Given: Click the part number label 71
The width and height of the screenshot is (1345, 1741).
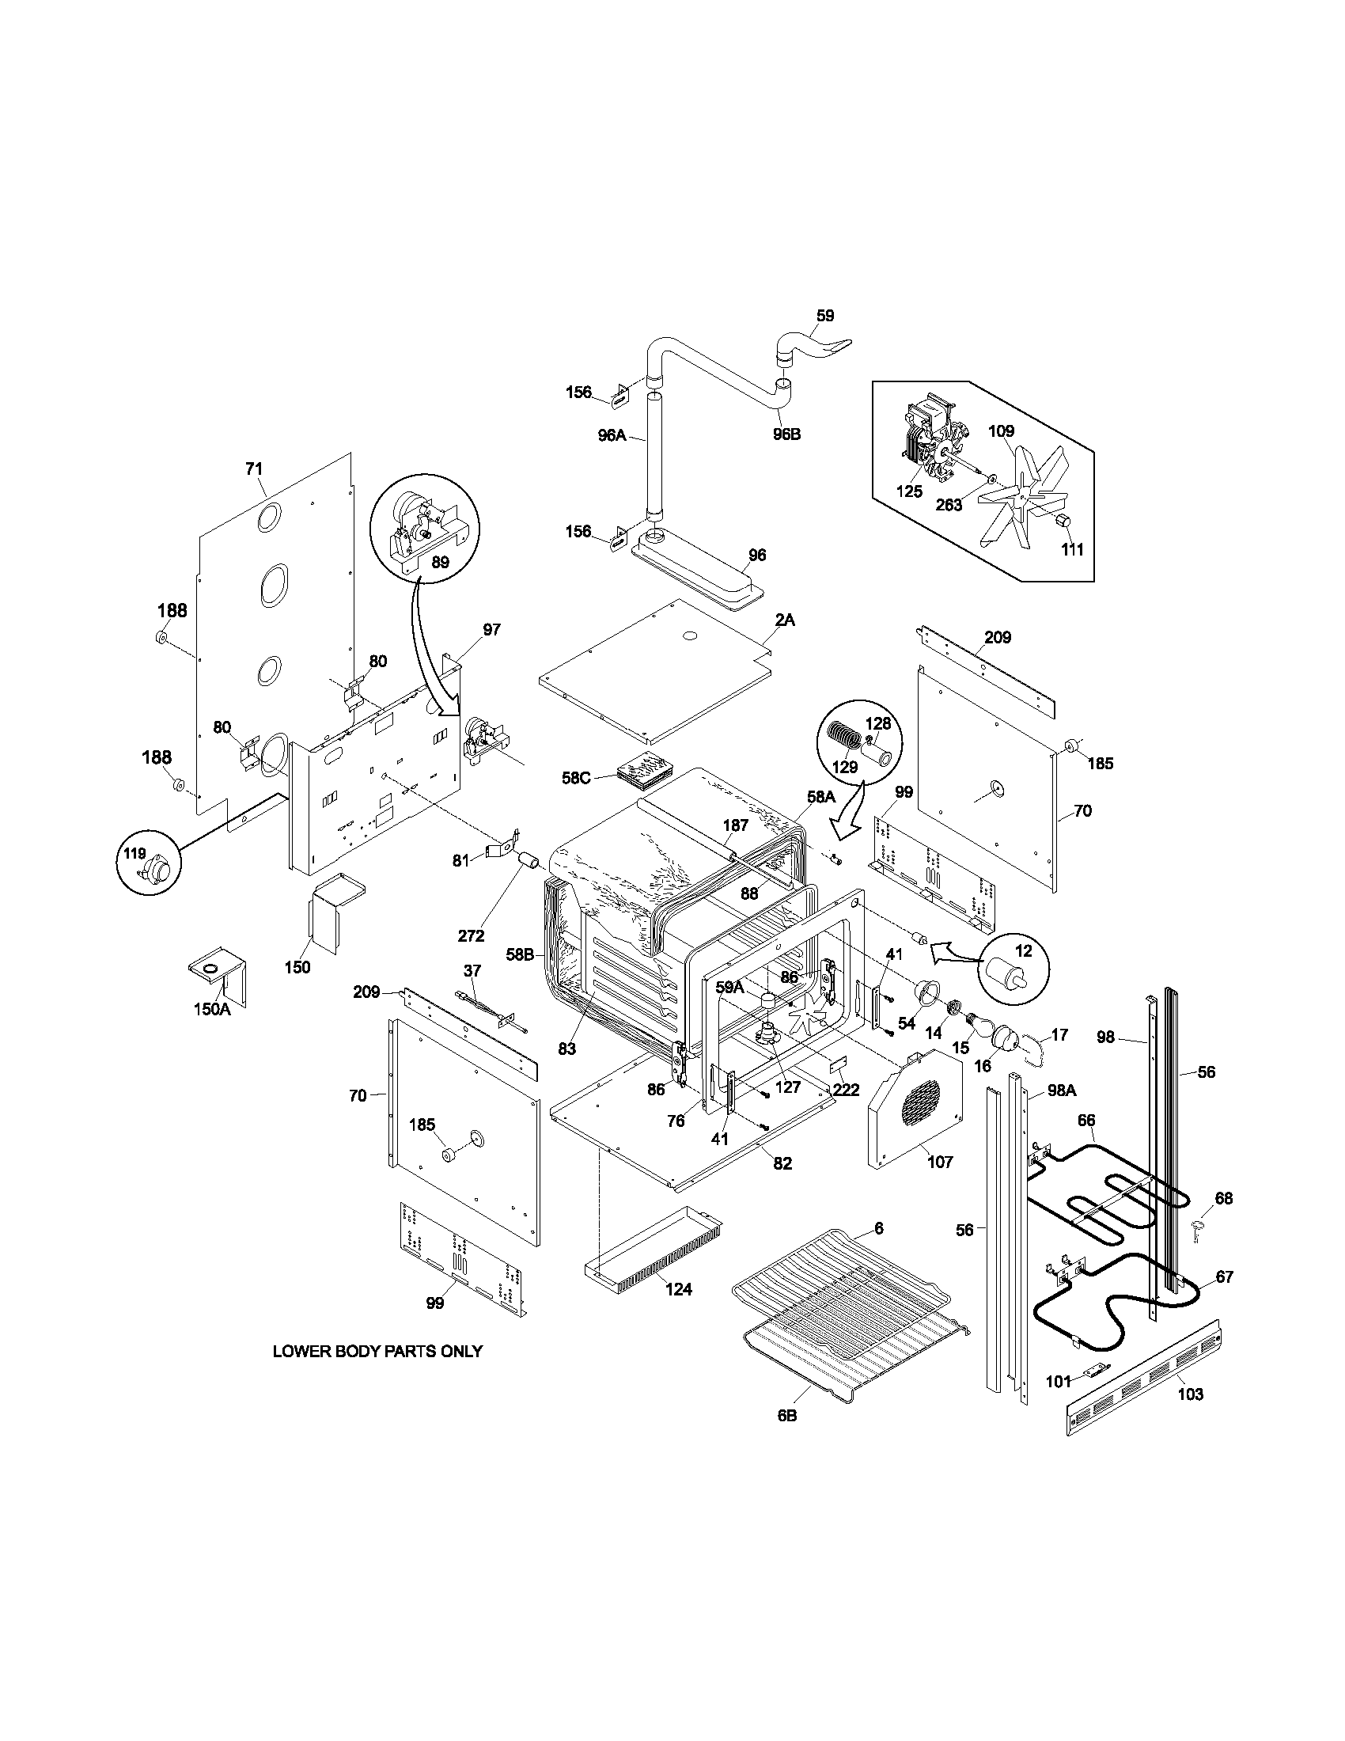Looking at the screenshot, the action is pyautogui.click(x=253, y=469).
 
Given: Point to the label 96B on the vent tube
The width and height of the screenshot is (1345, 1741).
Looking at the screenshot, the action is pyautogui.click(x=786, y=434).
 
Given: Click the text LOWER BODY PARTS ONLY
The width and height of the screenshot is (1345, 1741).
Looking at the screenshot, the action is pyautogui.click(x=377, y=1351).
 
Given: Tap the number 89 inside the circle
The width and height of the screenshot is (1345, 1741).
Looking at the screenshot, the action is pyautogui.click(x=440, y=562).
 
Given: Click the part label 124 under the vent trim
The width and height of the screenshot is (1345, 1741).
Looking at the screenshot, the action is pyautogui.click(x=679, y=1289).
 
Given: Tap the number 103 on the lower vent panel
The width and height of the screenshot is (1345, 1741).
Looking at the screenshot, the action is pyautogui.click(x=1190, y=1394).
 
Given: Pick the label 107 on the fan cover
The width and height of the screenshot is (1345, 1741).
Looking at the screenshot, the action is pyautogui.click(x=940, y=1163).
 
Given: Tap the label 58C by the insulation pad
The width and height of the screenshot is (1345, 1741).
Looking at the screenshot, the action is pyautogui.click(x=575, y=777).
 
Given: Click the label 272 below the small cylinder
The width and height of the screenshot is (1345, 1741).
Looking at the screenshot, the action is pyautogui.click(x=472, y=936).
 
